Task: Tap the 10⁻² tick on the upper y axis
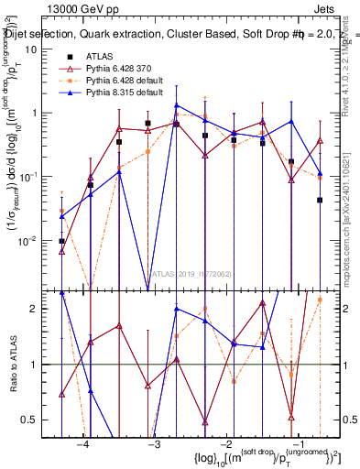[x=43, y=240]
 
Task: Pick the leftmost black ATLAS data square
[x=61, y=242]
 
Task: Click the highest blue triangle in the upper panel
[x=177, y=105]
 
